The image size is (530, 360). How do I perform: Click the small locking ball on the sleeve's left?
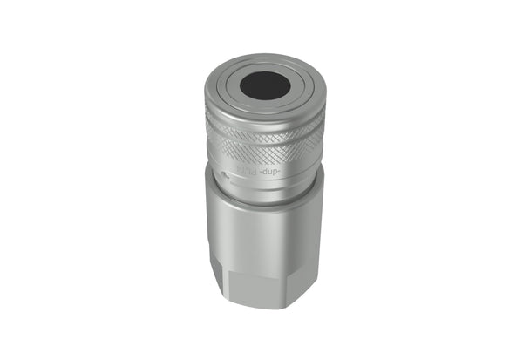(x=226, y=174)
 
